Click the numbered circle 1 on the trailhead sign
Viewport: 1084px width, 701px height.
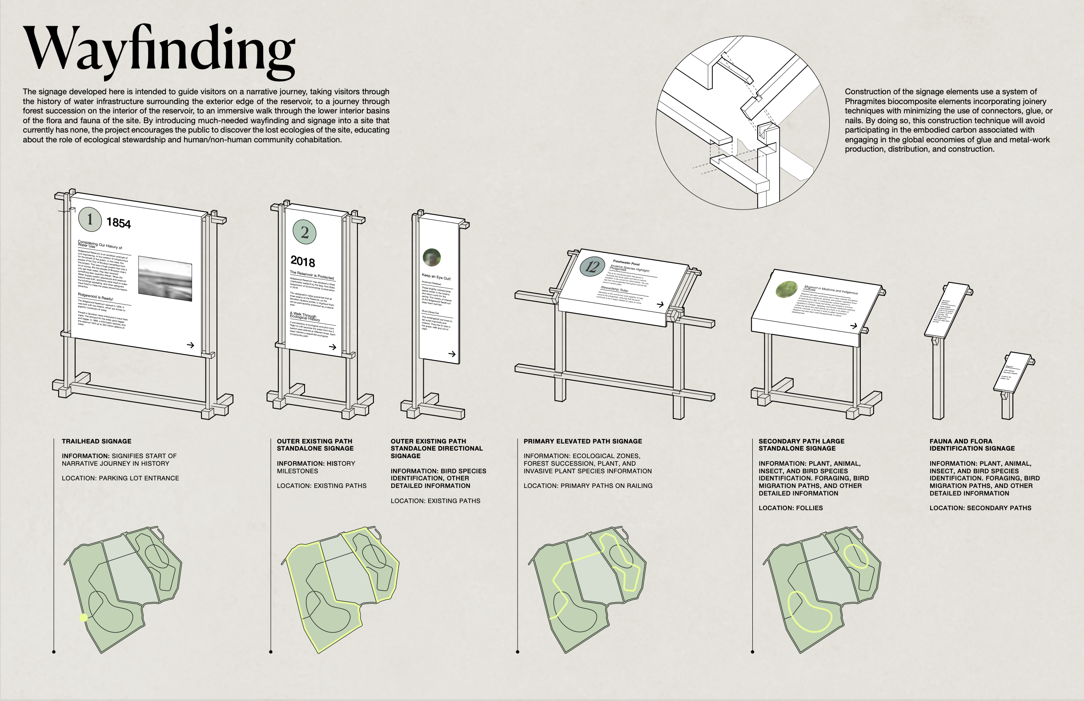tap(90, 219)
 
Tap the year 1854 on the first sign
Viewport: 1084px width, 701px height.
tap(118, 222)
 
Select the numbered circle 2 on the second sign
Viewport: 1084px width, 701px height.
tap(304, 232)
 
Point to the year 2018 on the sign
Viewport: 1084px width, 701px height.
tap(302, 261)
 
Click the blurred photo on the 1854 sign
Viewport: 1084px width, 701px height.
tap(165, 278)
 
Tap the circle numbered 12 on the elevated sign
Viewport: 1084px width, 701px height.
tap(592, 266)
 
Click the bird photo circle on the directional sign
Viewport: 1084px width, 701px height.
tap(431, 257)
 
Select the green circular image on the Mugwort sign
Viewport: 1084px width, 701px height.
tap(787, 290)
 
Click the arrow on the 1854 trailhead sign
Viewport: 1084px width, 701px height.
tap(191, 345)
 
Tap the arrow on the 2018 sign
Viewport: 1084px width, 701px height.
tap(333, 347)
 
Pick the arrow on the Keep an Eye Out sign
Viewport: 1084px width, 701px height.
tap(452, 354)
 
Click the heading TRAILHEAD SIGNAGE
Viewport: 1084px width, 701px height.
tap(96, 441)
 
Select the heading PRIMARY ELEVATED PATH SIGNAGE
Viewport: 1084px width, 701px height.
tap(583, 441)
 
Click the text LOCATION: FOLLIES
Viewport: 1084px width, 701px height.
tap(791, 508)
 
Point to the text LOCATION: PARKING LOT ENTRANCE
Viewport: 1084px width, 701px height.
tap(120, 478)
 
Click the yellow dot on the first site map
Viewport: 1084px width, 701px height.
tap(84, 618)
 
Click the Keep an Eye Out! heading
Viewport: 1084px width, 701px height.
tap(436, 276)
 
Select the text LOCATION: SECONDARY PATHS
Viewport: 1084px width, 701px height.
tap(980, 508)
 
